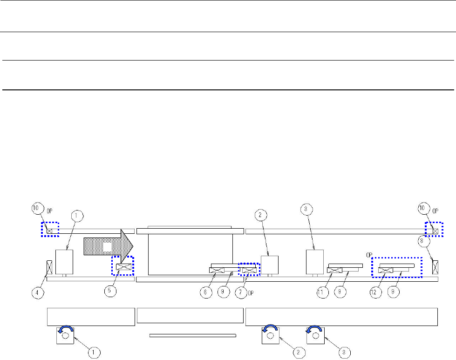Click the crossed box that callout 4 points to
pyautogui.click(x=49, y=267)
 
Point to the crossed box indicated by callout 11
pyautogui.click(x=335, y=270)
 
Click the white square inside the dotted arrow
pyautogui.click(x=107, y=246)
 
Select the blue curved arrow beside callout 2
pyautogui.click(x=271, y=329)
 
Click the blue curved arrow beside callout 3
pyautogui.click(x=312, y=329)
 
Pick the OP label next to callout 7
pyautogui.click(x=251, y=292)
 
